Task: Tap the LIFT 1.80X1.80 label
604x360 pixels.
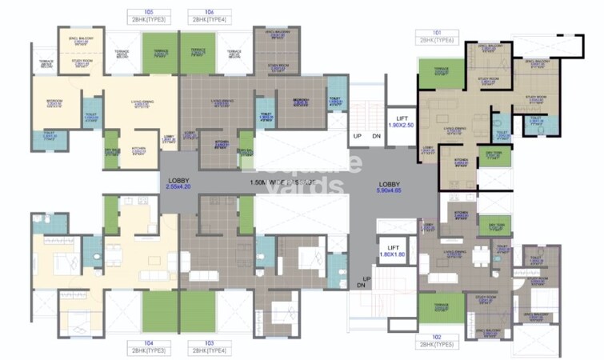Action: [x=391, y=253]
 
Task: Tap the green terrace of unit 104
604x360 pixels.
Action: [x=160, y=308]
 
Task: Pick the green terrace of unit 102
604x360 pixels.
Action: [x=441, y=307]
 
